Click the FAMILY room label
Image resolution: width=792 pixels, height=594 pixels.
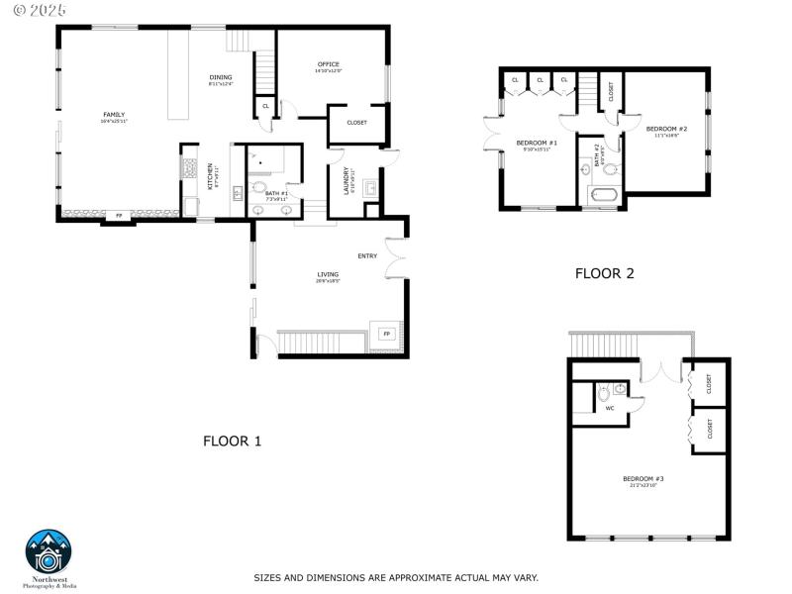[x=114, y=115]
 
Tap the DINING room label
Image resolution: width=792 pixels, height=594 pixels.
[x=220, y=77]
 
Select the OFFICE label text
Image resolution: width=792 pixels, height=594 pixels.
[x=329, y=64]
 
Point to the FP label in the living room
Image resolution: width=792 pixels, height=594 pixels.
[x=387, y=335]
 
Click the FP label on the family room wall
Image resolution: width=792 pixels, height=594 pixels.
[x=119, y=216]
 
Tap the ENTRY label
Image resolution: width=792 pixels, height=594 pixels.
[x=367, y=256]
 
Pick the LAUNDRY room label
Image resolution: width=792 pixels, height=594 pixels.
[x=346, y=179]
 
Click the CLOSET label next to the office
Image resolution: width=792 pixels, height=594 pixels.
[x=356, y=123]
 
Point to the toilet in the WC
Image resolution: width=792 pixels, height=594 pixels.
[x=604, y=393]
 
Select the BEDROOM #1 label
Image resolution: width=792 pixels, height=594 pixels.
[x=537, y=144]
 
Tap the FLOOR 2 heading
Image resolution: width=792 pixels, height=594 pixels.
[x=604, y=273]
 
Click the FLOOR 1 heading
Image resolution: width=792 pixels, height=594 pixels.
[x=232, y=441]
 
